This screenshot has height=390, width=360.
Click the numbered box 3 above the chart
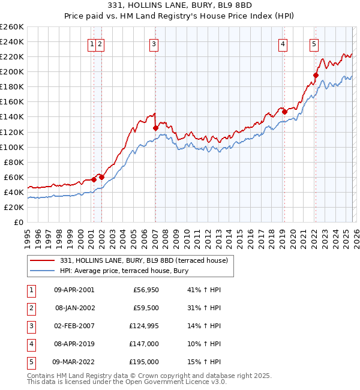point(154,43)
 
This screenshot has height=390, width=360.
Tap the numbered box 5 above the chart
point(314,43)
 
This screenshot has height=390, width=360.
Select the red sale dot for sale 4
point(284,112)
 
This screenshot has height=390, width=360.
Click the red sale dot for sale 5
point(316,76)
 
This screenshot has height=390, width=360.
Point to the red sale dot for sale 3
point(155,128)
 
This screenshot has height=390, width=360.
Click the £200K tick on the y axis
point(12,71)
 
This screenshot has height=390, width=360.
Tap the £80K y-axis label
point(13,162)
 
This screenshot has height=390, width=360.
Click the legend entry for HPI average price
point(124,271)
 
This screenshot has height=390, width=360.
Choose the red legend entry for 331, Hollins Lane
point(143,260)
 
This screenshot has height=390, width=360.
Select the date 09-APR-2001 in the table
point(74,289)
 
